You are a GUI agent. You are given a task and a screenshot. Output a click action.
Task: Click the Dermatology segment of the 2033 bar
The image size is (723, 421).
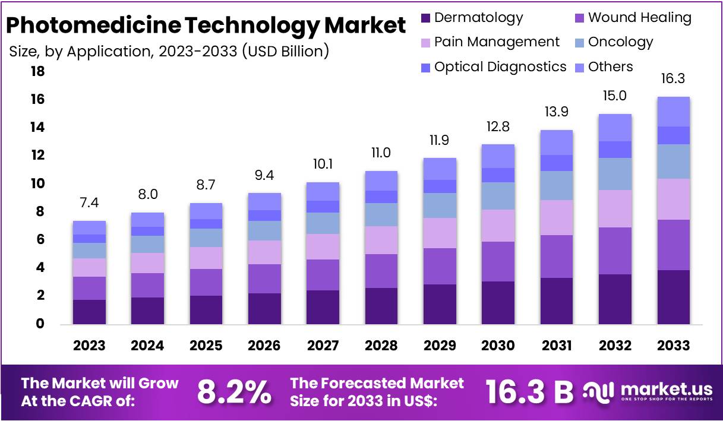[x=673, y=297]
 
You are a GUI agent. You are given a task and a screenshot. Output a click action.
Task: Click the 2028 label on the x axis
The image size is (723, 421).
[x=381, y=346]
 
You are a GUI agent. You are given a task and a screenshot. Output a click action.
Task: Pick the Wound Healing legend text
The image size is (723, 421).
[x=639, y=18]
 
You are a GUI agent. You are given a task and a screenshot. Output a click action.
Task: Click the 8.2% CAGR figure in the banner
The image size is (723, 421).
[x=233, y=391]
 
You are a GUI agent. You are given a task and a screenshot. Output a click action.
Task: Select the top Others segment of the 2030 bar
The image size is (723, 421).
[x=498, y=156]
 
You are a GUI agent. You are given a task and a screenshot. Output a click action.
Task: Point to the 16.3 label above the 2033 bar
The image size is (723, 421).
[x=673, y=79]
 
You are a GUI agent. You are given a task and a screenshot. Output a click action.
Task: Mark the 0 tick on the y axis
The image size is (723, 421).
[x=40, y=324]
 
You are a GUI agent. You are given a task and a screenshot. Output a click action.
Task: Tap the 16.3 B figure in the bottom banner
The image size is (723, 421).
[x=529, y=391]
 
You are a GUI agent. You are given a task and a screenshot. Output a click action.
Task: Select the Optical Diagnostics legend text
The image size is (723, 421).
[x=500, y=67]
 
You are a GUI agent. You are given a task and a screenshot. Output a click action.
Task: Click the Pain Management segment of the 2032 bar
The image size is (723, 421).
[x=615, y=208]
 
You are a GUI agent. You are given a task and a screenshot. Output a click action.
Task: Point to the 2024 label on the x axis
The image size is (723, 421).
[x=147, y=346]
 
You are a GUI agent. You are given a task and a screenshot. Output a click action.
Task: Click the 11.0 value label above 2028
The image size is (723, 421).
[x=381, y=153]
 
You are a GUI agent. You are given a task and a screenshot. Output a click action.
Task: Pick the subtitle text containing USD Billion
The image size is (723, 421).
[x=169, y=51]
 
